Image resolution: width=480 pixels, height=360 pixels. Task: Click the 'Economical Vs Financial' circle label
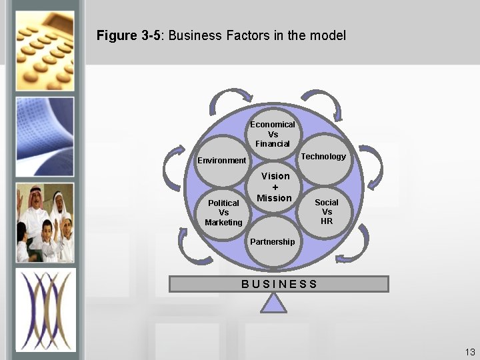pyautogui.click(x=272, y=134)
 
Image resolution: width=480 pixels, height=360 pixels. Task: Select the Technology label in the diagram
pyautogui.click(x=323, y=157)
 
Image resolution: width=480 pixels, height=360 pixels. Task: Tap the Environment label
pyautogui.click(x=221, y=161)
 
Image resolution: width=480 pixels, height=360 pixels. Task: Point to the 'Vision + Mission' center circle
pyautogui.click(x=275, y=187)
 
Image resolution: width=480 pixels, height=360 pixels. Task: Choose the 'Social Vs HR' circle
pyautogui.click(x=326, y=211)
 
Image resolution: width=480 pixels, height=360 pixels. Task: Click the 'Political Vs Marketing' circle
pyautogui.click(x=223, y=212)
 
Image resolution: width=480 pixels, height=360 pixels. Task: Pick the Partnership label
pyautogui.click(x=271, y=241)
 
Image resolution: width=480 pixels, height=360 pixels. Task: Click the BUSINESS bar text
pyautogui.click(x=279, y=284)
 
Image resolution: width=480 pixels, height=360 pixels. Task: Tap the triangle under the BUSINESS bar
pyautogui.click(x=273, y=303)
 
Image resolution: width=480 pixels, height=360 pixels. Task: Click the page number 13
pyautogui.click(x=470, y=351)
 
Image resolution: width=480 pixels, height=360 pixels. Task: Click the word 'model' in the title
pyautogui.click(x=327, y=35)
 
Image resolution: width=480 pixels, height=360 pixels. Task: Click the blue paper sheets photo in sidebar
pyautogui.click(x=45, y=133)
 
